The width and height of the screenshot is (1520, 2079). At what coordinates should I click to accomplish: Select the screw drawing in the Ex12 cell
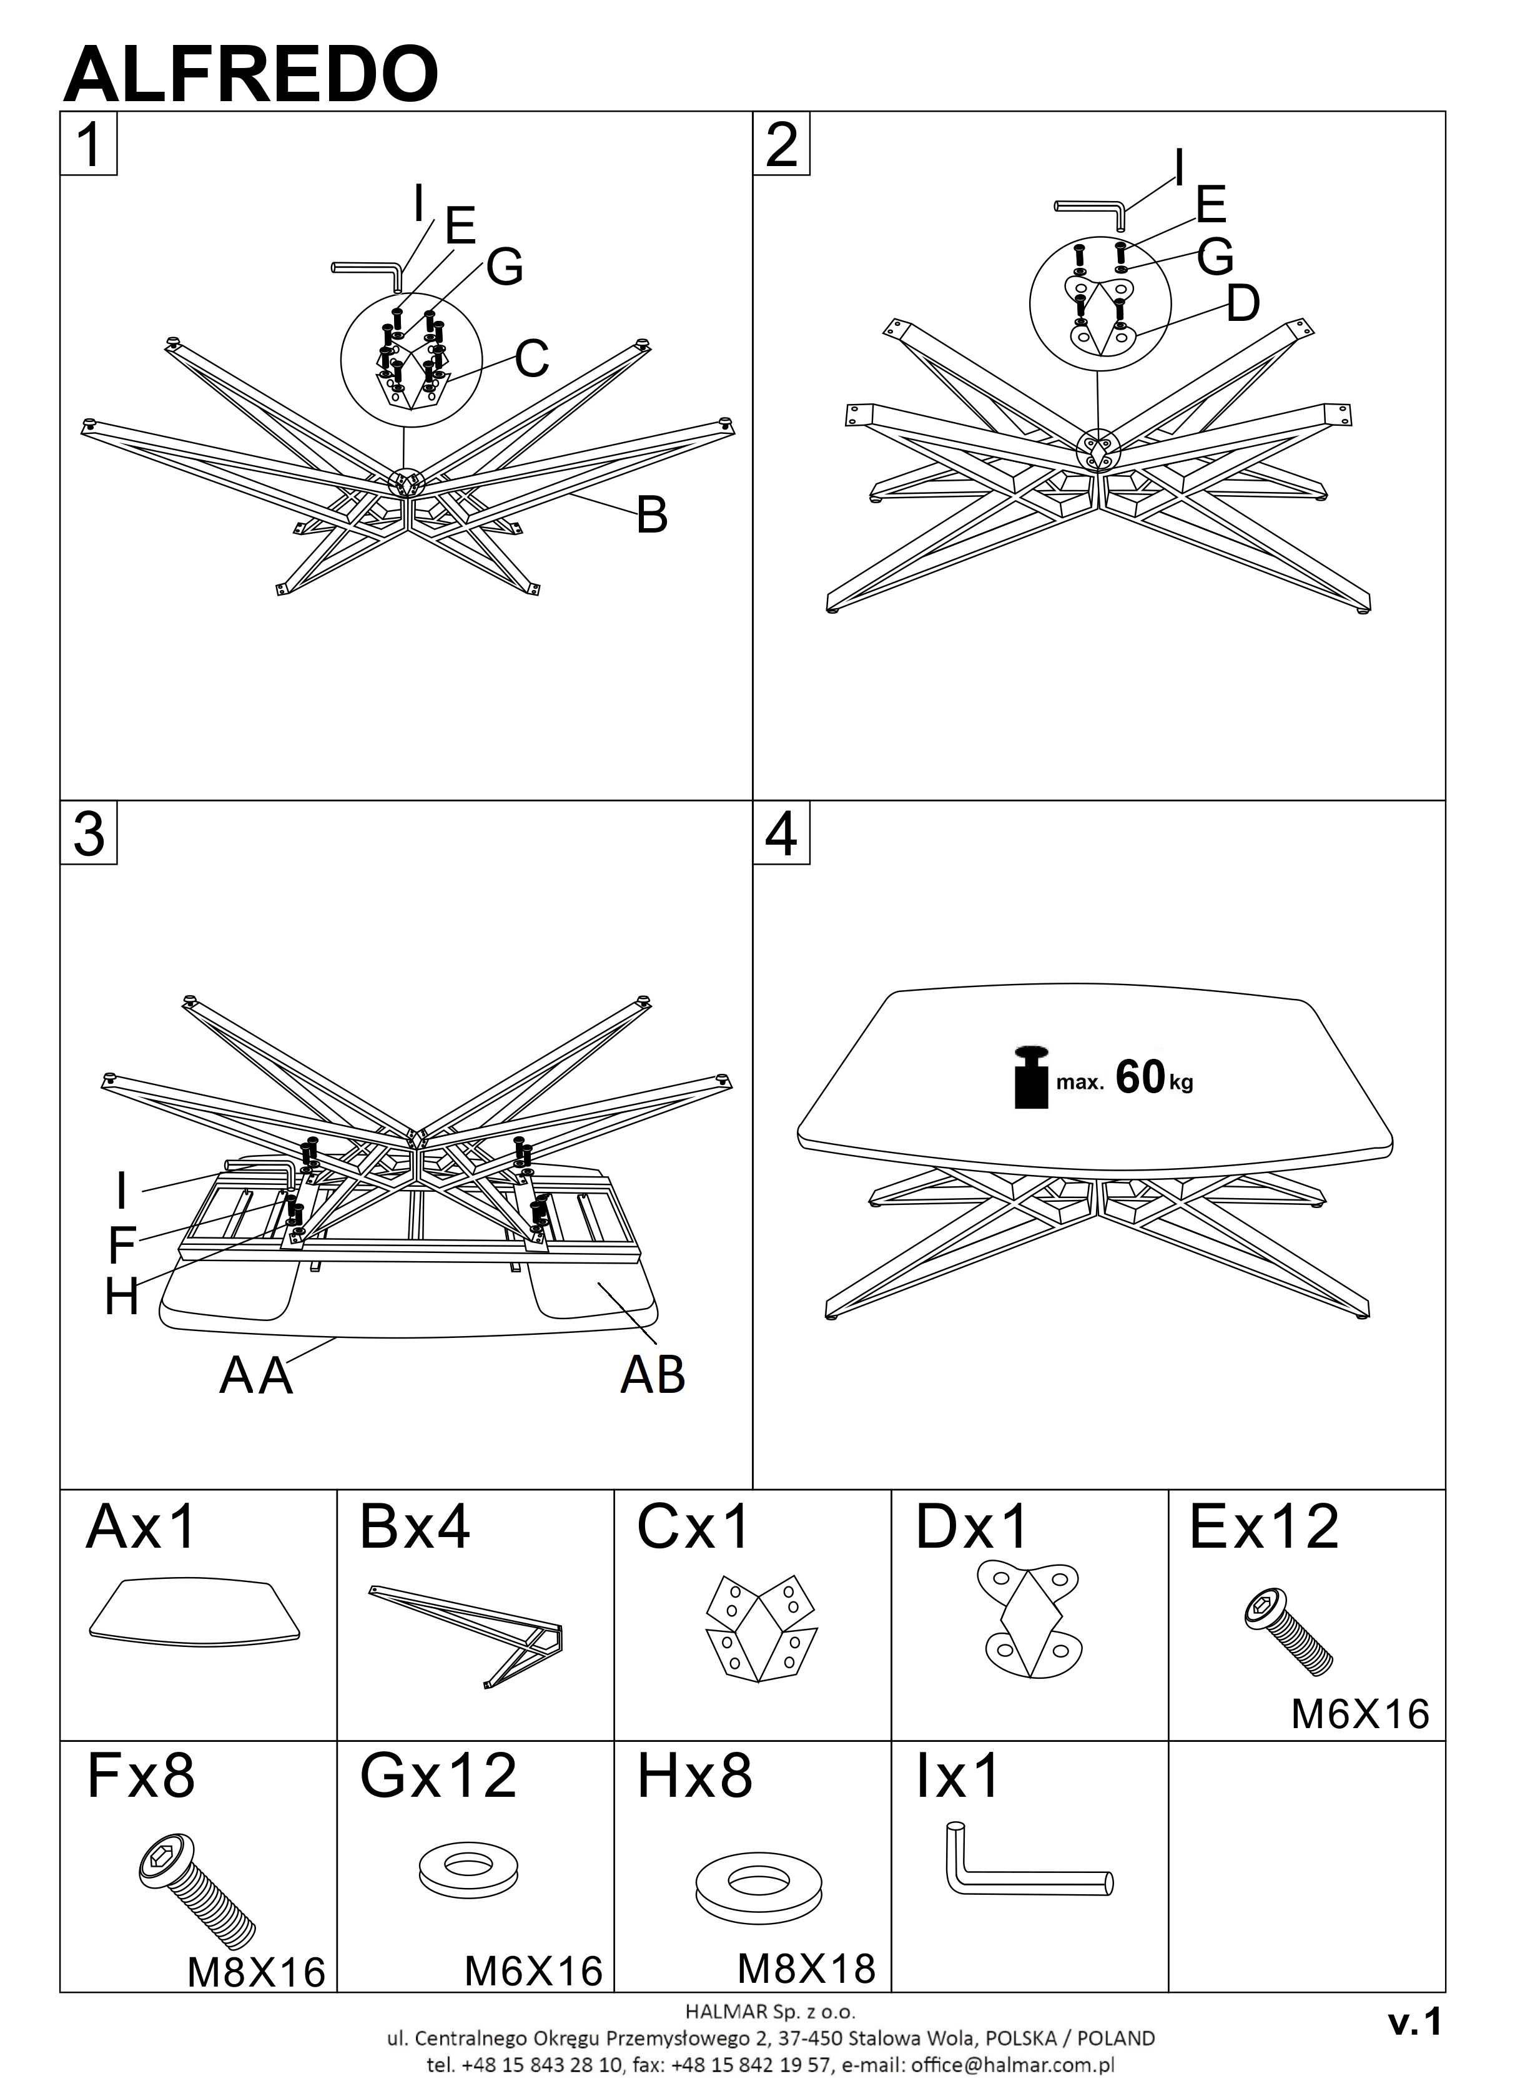[x=1288, y=1634]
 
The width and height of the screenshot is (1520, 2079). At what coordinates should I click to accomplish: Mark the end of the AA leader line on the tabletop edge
[x=337, y=1339]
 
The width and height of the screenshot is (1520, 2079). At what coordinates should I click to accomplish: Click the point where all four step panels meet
[x=753, y=800]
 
